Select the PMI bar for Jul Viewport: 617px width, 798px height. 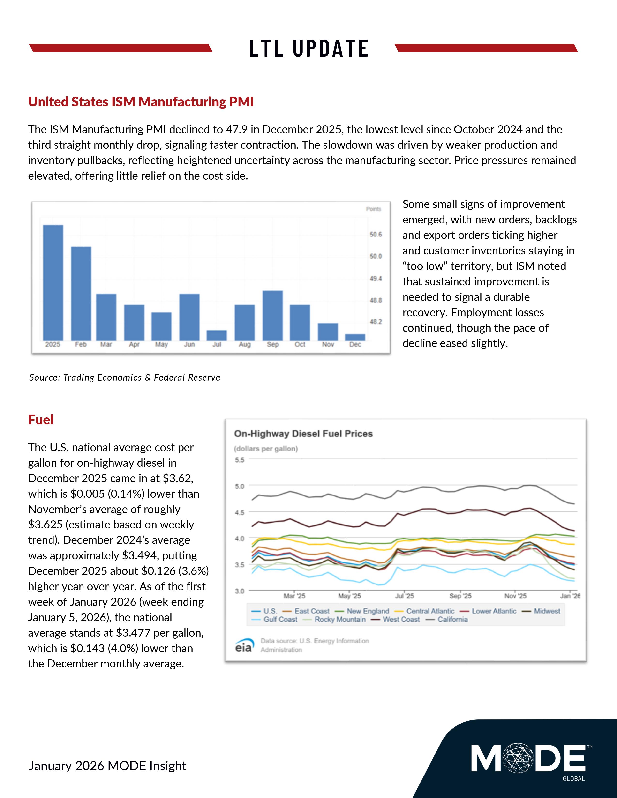217,335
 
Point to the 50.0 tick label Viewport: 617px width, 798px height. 375,256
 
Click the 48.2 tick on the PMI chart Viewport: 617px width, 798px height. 375,322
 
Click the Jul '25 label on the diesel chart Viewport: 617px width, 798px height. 404,596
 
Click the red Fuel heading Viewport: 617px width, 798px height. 41,420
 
